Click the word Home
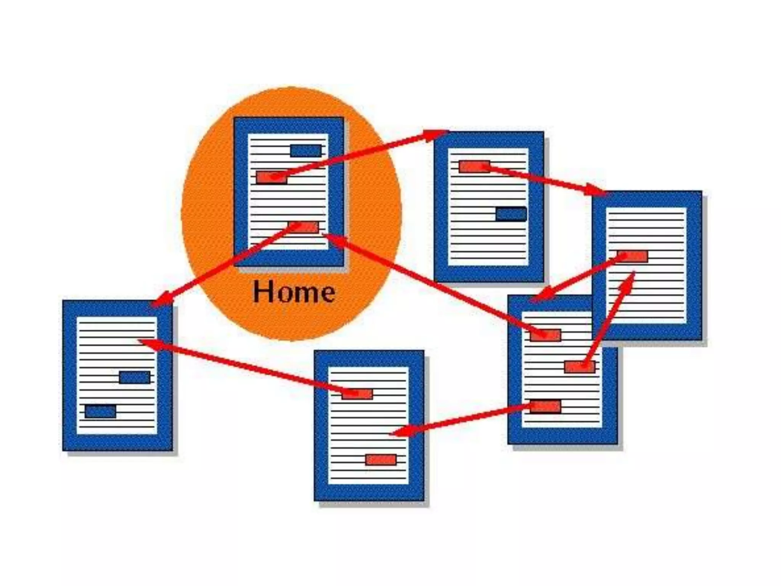pos(294,292)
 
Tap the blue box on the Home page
pos(305,150)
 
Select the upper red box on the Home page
pos(271,177)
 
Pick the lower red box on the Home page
pos(304,227)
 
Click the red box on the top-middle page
pos(474,166)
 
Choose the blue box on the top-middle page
pos(511,214)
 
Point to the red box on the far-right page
pos(632,256)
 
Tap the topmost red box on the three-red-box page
pos(545,335)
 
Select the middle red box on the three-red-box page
pos(580,367)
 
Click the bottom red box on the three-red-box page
pos(545,406)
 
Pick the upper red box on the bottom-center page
pos(357,394)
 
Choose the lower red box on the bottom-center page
pos(381,460)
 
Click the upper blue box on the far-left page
pos(134,377)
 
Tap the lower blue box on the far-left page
pos(100,412)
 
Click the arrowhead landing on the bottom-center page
pos(400,432)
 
